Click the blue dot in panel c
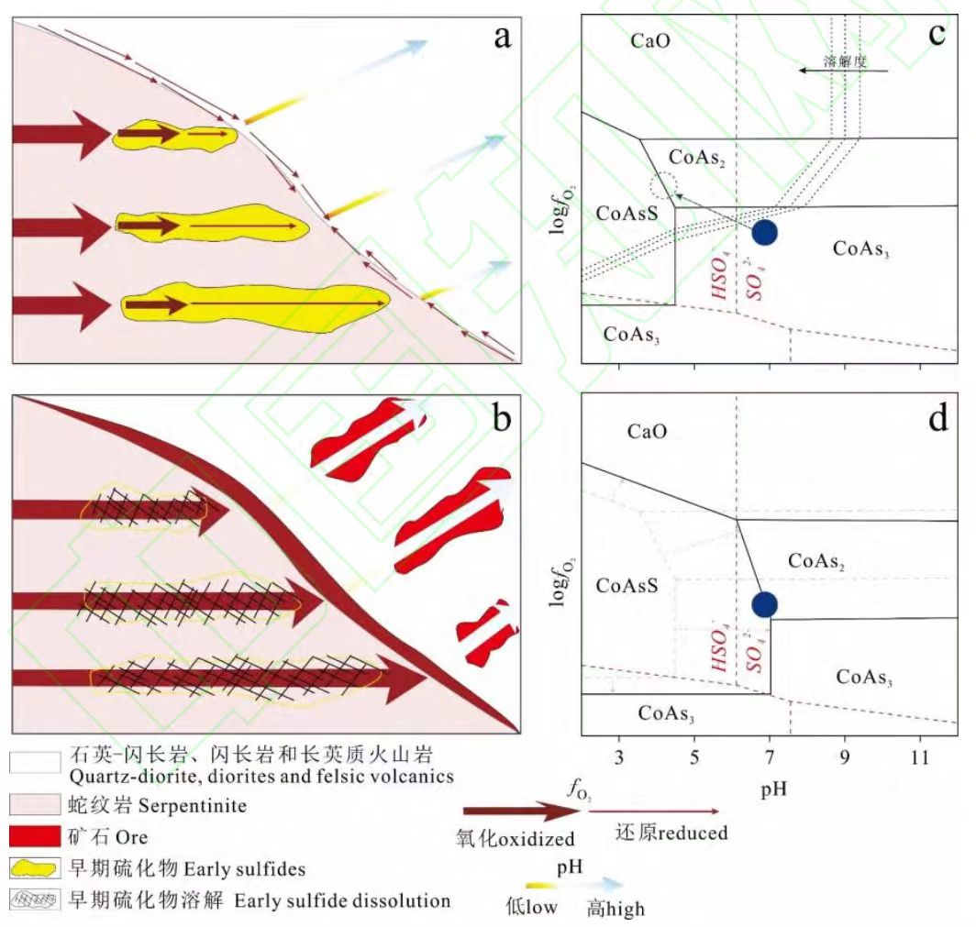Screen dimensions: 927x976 (764, 232)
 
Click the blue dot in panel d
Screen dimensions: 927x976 (764, 604)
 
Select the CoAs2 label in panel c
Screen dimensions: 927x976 (697, 158)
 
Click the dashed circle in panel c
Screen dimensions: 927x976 (662, 187)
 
